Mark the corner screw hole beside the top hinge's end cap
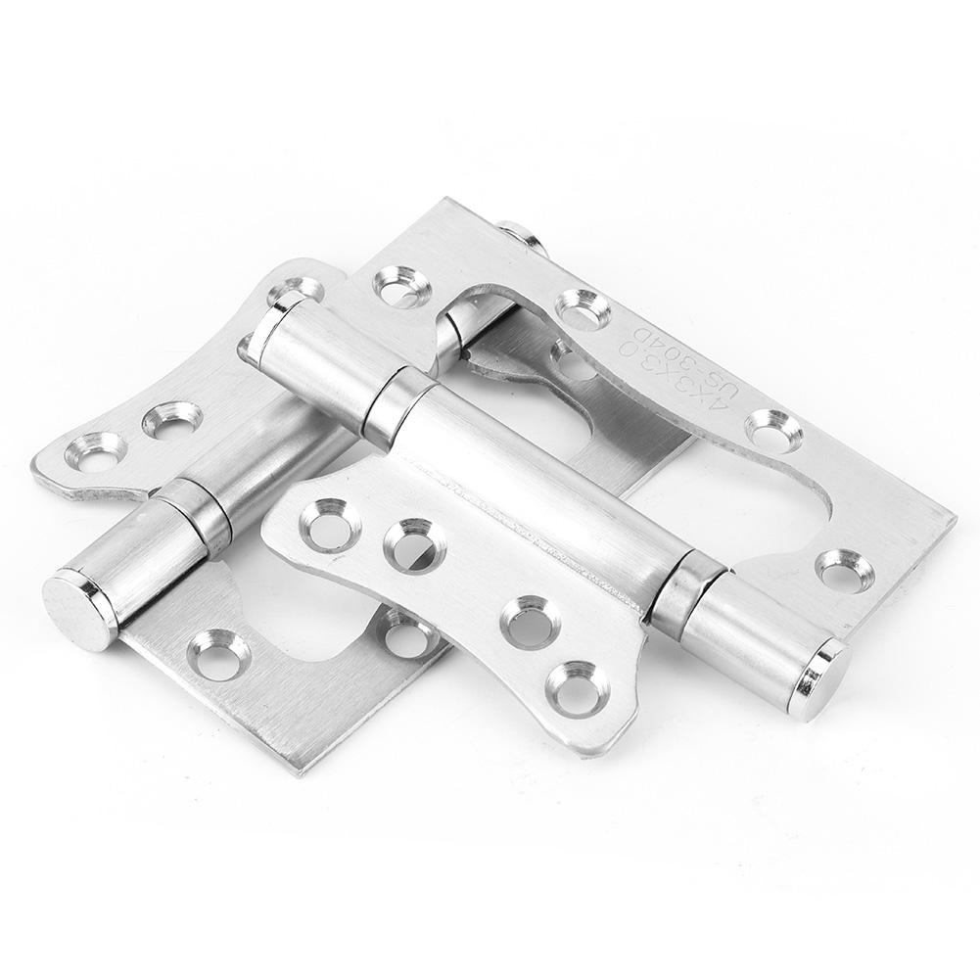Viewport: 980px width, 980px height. tap(843, 571)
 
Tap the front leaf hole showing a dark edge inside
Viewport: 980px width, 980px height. tap(414, 544)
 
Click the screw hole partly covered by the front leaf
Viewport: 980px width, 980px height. tap(405, 634)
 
